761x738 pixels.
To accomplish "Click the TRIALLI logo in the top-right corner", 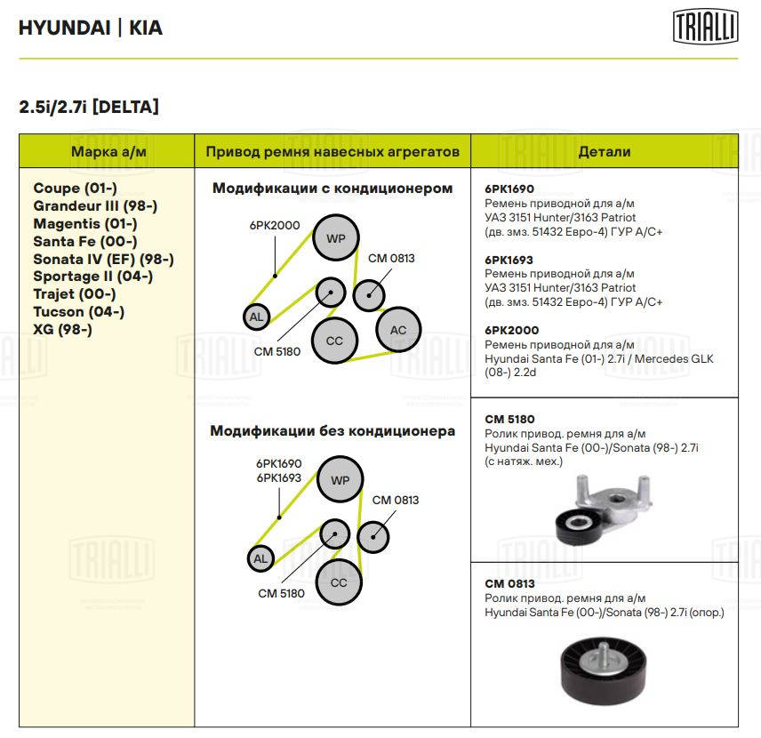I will click(x=705, y=27).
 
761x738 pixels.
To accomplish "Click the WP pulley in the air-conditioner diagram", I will click(x=335, y=238).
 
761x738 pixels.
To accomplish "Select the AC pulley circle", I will click(x=397, y=330).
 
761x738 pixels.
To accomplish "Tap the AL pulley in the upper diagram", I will click(x=256, y=316).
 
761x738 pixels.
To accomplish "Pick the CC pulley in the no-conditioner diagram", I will click(x=339, y=582).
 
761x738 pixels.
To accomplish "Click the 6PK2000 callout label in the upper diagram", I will click(x=275, y=225).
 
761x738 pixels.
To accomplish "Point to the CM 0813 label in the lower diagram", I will click(x=395, y=500).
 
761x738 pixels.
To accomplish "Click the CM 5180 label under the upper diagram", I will click(x=276, y=351).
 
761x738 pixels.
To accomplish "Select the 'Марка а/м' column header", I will click(x=107, y=152).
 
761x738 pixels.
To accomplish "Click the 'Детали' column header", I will click(x=604, y=152).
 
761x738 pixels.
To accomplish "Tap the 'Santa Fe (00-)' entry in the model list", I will click(x=85, y=241).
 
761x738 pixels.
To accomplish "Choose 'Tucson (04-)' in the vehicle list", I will click(x=79, y=311).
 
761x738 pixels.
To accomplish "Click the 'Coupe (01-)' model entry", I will click(x=76, y=189).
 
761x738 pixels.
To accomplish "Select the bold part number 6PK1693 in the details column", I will click(x=509, y=260).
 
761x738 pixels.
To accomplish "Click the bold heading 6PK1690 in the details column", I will click(x=509, y=189).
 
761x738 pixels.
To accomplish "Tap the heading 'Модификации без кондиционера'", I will click(x=332, y=431).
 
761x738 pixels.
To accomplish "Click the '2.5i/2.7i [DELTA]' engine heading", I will click(x=89, y=107).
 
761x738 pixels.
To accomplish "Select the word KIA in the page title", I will click(x=146, y=28).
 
